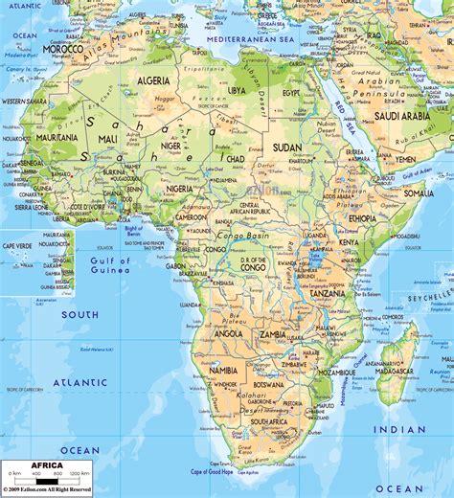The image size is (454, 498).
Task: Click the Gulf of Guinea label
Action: [109, 264]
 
